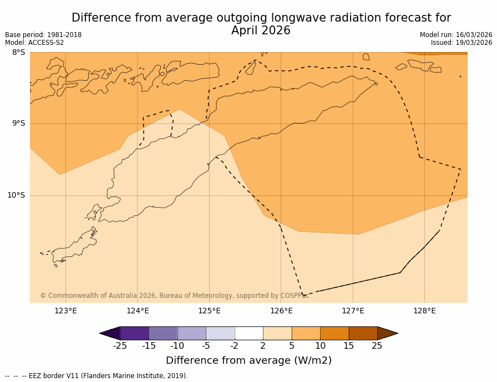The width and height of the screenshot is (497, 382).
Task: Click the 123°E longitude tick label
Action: [65, 311]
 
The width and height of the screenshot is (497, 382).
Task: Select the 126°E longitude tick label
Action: [281, 311]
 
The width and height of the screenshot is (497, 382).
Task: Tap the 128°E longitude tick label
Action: [424, 311]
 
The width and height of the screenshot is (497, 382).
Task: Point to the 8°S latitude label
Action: [19, 53]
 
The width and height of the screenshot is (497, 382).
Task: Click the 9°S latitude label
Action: [19, 123]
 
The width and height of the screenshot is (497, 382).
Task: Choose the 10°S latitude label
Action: [16, 195]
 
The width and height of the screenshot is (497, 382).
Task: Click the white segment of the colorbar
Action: [248, 333]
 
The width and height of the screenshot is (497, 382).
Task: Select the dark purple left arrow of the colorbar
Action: [110, 333]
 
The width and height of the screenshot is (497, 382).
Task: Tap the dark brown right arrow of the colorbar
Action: [387, 333]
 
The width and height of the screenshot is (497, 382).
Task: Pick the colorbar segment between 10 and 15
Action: [334, 333]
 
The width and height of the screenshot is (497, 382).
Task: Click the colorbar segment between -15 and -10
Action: [163, 333]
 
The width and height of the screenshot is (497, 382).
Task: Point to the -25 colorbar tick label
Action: [120, 346]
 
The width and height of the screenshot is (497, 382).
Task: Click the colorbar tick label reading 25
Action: [377, 346]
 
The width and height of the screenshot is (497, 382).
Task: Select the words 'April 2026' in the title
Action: [261, 31]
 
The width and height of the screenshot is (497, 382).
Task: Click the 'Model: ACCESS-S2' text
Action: [34, 43]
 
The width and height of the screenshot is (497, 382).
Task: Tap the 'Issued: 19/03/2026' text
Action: [461, 43]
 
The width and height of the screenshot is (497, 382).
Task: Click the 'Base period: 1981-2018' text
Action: [43, 35]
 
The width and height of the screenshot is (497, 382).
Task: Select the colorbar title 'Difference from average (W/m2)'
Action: [248, 360]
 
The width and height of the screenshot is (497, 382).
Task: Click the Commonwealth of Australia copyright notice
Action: [174, 296]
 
